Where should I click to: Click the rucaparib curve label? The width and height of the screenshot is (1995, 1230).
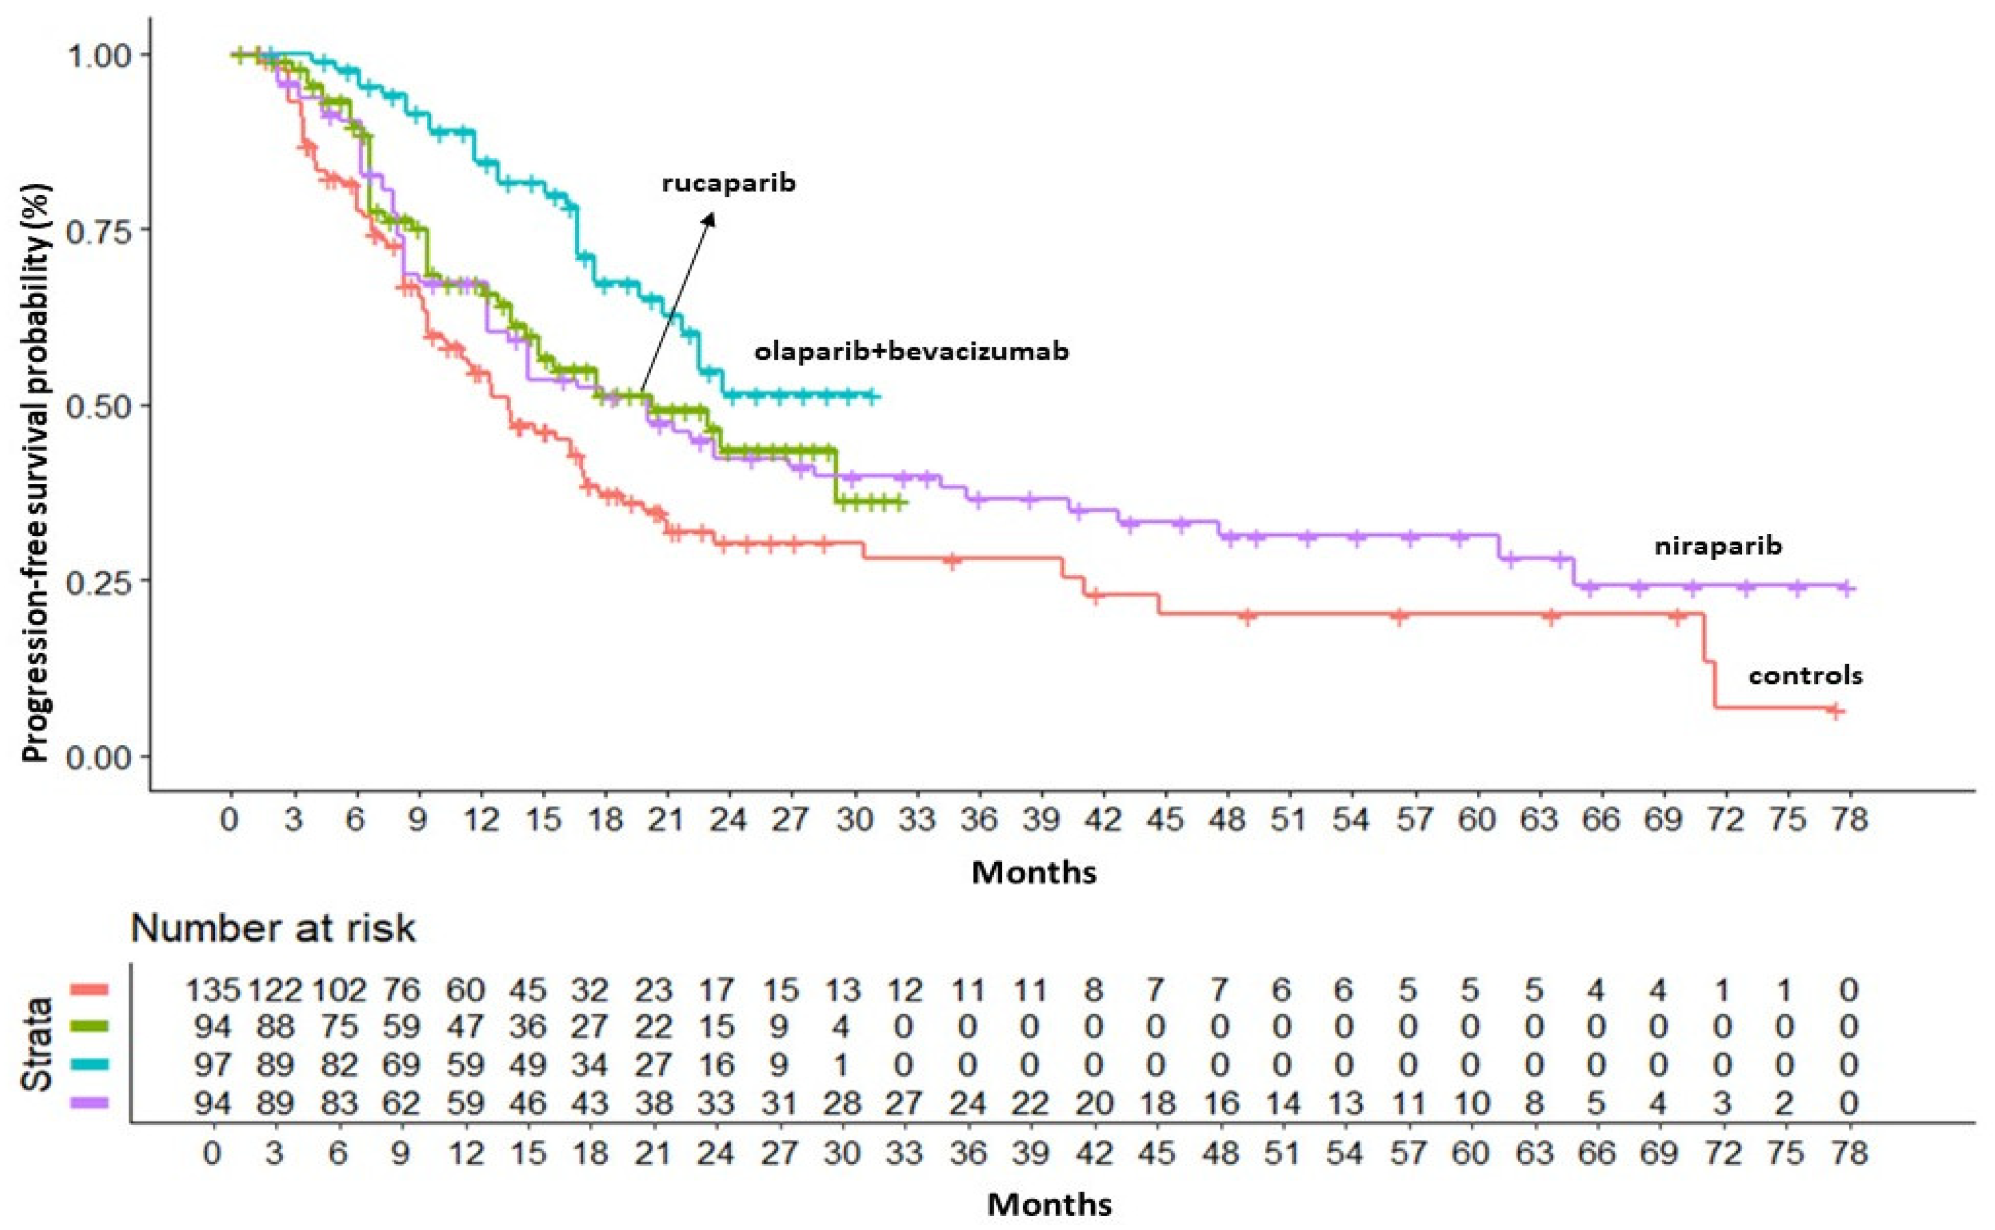tap(729, 183)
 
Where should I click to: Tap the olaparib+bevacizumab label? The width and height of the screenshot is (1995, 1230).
tap(911, 351)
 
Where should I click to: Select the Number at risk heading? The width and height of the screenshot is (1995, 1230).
tap(274, 928)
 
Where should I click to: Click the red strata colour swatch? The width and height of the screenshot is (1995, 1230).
tap(90, 989)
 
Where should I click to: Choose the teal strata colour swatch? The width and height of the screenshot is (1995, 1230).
tap(90, 1065)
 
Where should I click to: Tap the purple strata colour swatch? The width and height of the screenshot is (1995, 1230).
tap(90, 1103)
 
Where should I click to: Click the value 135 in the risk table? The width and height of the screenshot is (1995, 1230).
tap(213, 990)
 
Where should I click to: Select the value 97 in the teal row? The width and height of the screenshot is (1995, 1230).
tap(213, 1065)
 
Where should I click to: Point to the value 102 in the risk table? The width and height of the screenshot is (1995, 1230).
tap(338, 990)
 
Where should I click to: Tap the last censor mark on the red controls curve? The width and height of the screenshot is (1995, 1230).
tap(1835, 712)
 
